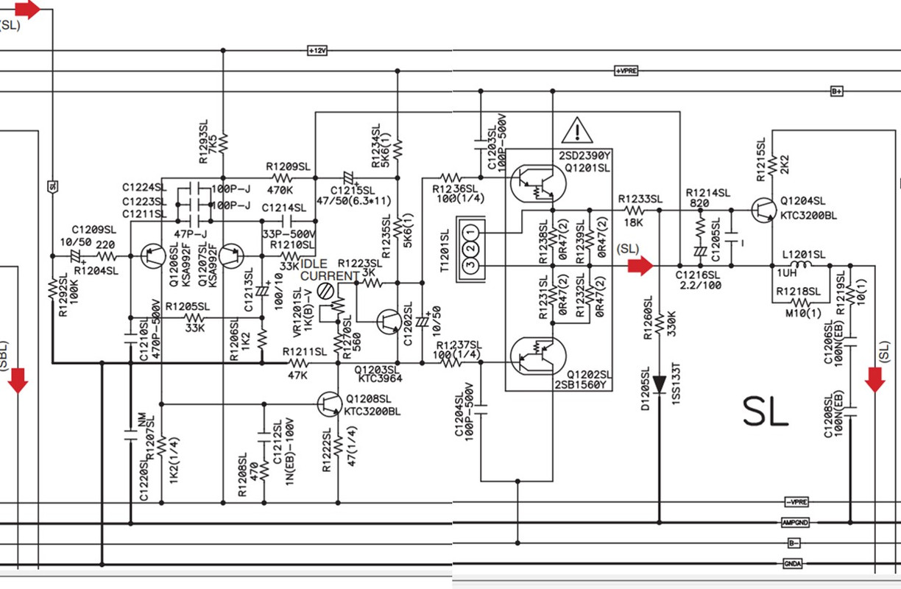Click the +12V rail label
coord(317,51)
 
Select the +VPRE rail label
coord(626,71)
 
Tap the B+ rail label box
coord(836,91)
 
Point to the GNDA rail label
coord(794,565)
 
